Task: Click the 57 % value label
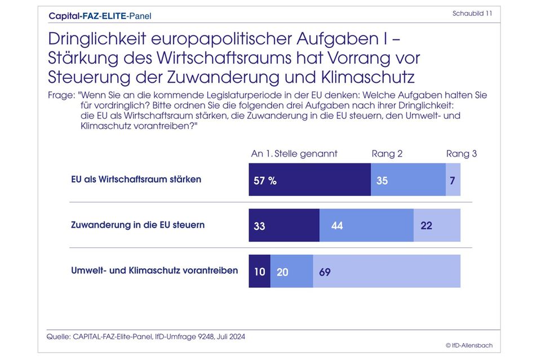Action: pos(265,181)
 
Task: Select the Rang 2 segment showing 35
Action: pos(408,180)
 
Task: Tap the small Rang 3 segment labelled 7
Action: pos(453,180)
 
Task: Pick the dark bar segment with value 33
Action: pos(284,225)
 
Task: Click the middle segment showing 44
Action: pos(366,225)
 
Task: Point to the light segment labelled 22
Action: pos(437,225)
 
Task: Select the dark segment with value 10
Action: pos(260,271)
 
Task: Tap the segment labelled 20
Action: pos(291,271)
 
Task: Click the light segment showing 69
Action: pos(387,271)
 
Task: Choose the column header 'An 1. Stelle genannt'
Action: pos(294,154)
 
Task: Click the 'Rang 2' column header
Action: pos(387,154)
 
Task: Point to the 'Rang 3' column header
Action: pos(461,154)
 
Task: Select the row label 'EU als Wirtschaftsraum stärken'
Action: pos(136,180)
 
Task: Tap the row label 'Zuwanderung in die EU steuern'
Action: pos(138,225)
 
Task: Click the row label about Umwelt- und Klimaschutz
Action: pos(154,270)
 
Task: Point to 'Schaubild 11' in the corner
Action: pos(472,14)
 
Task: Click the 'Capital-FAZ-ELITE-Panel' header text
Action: pos(100,16)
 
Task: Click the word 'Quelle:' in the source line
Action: pos(59,336)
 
